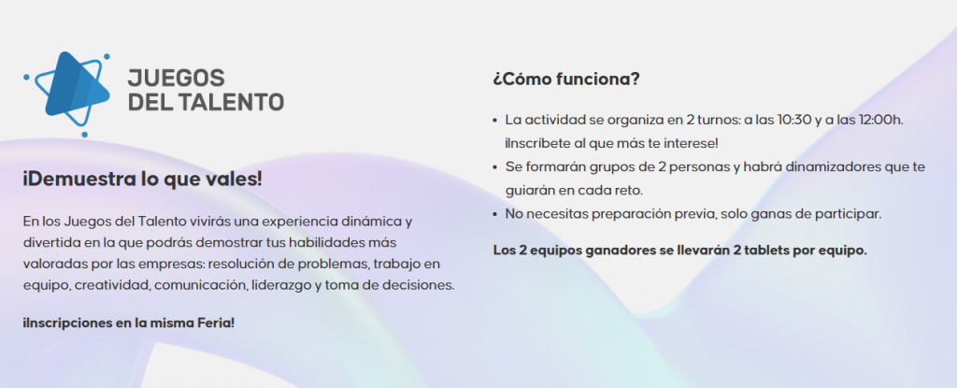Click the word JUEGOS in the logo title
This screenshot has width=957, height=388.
[x=176, y=78]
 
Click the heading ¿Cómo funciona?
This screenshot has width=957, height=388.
[x=565, y=79]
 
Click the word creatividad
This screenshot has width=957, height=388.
[x=112, y=286]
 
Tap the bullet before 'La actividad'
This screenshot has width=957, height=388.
[x=495, y=121]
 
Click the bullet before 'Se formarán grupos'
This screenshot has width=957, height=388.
[x=495, y=167]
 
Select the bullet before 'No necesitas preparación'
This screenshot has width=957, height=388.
[x=495, y=215]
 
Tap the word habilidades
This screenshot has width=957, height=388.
[x=332, y=242]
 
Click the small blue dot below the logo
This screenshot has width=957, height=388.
[x=84, y=135]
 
